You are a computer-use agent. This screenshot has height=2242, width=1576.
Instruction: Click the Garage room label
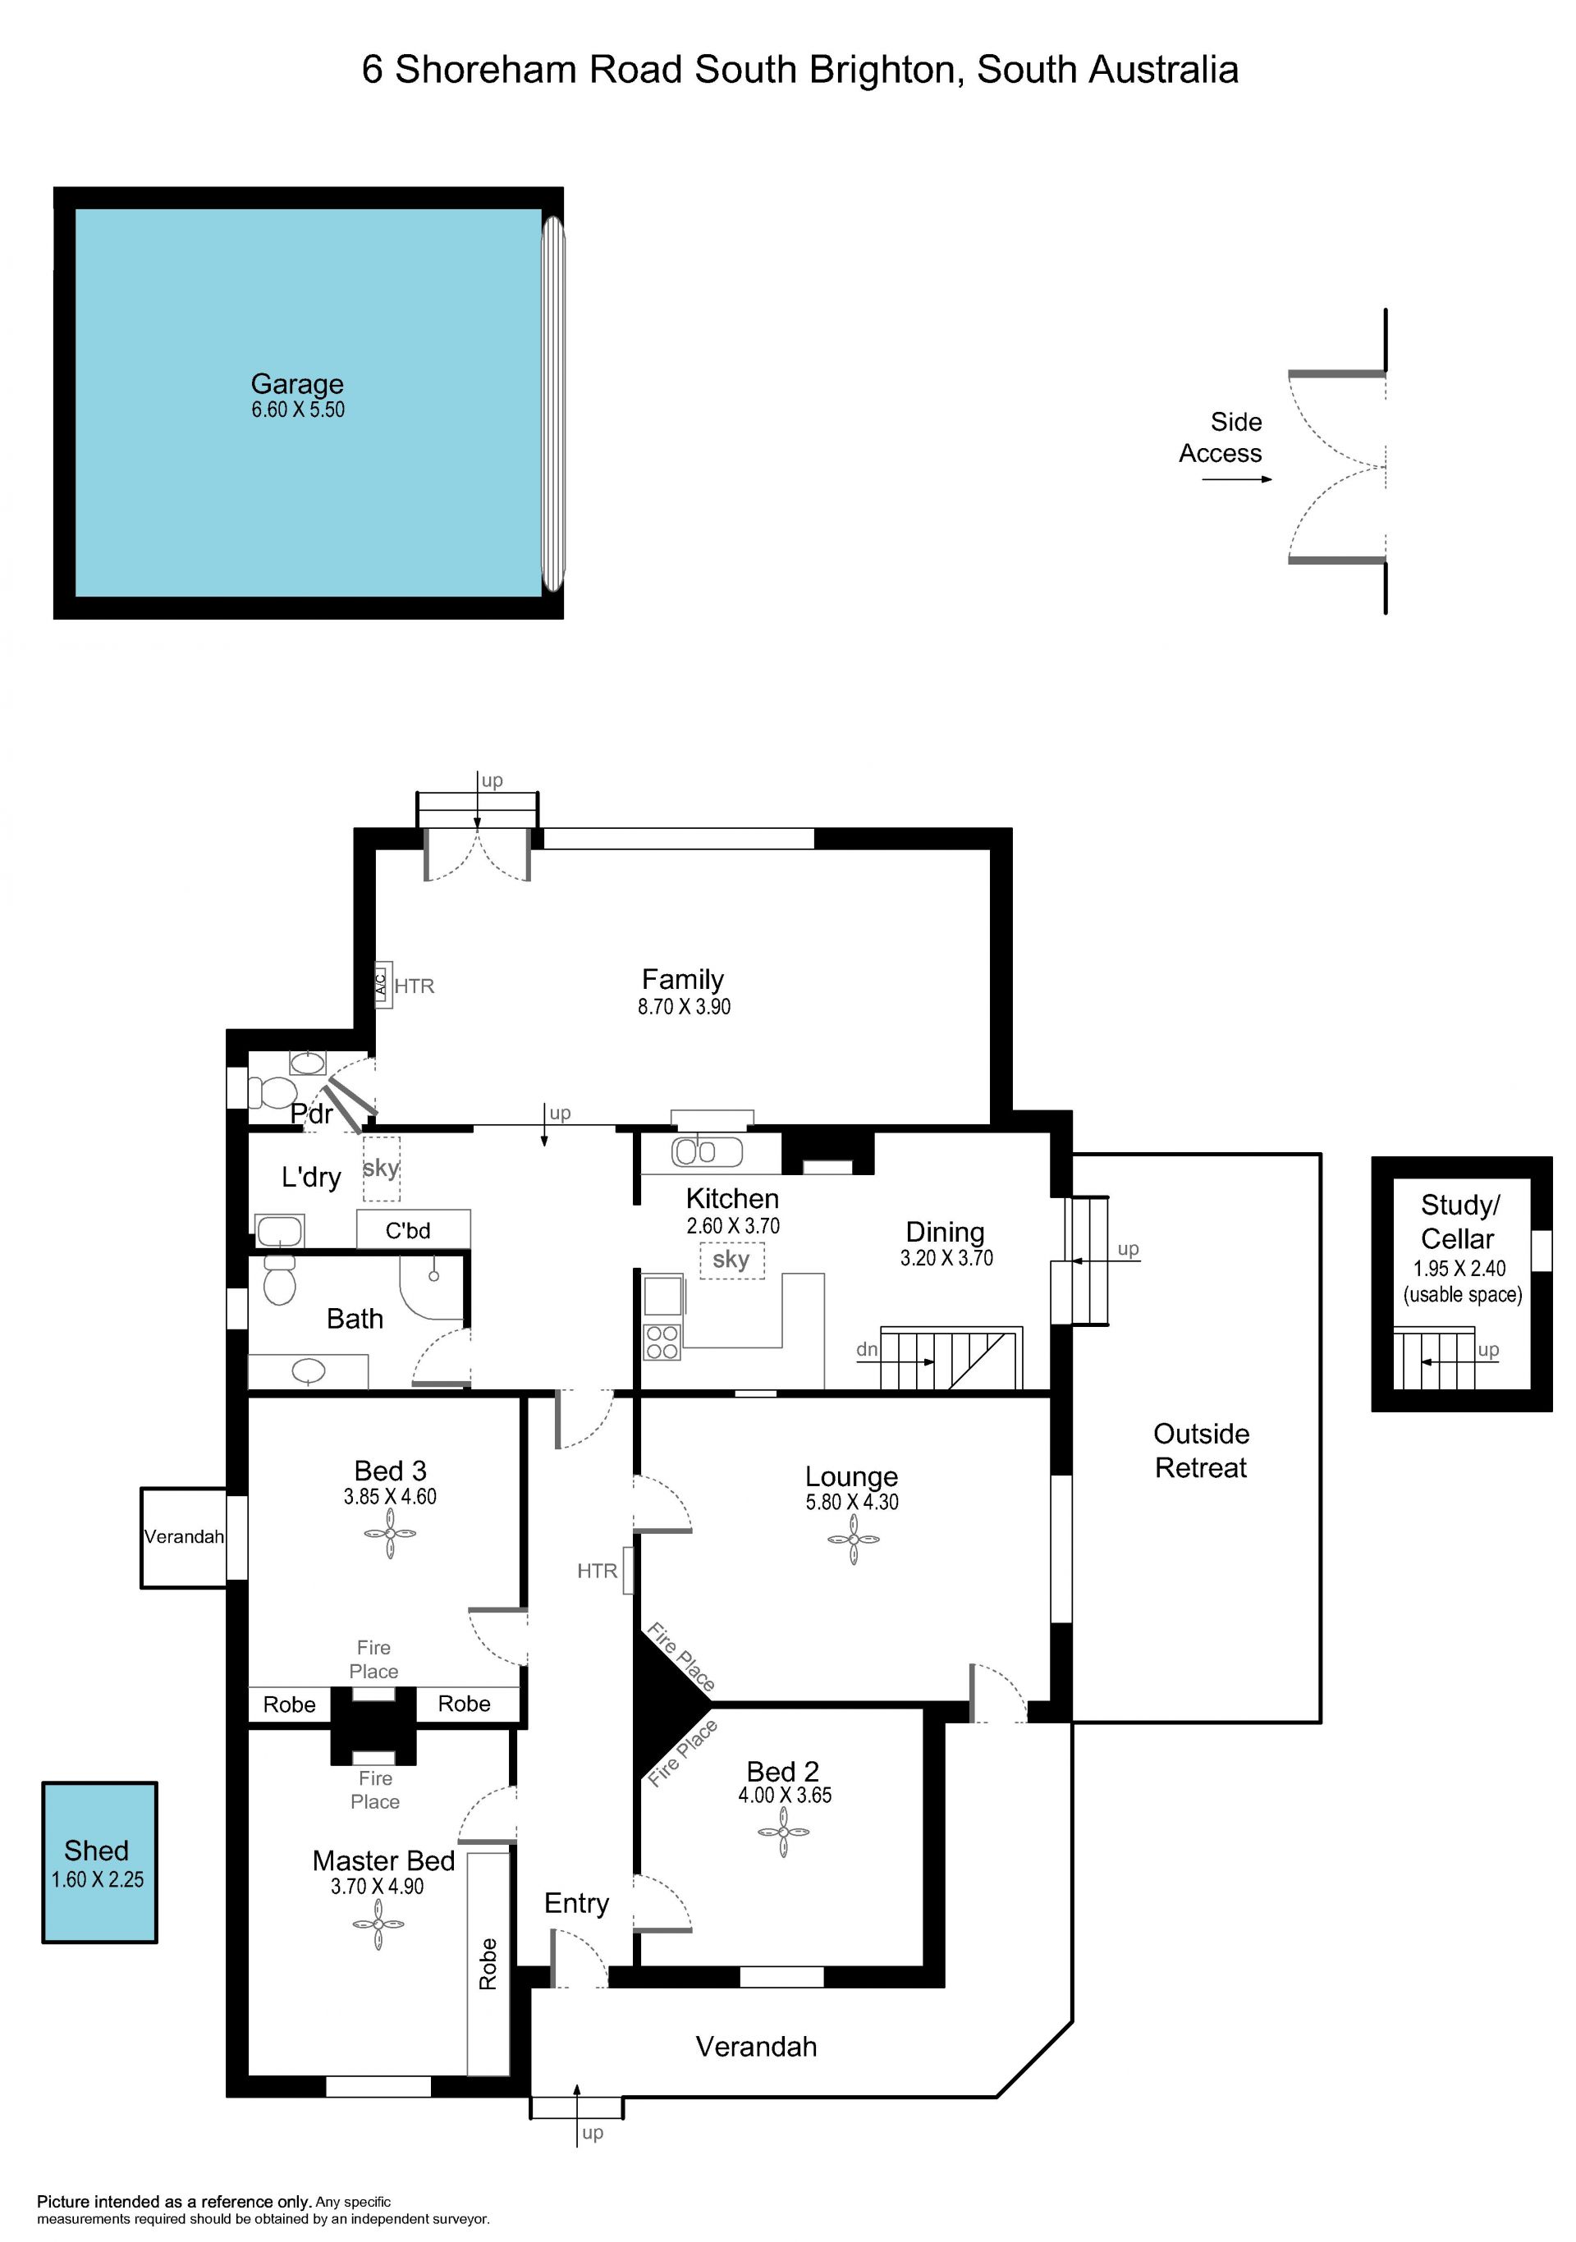click(297, 384)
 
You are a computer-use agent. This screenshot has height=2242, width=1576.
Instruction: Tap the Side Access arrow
click(1237, 479)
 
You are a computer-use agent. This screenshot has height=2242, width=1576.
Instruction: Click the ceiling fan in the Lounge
click(853, 1540)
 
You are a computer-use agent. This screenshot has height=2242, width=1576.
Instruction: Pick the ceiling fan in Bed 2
click(783, 1831)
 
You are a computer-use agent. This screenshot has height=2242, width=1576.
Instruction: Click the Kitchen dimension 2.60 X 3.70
click(732, 1225)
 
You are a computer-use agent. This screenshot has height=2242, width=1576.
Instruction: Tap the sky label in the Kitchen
click(731, 1260)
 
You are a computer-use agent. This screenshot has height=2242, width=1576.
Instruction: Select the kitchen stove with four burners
click(662, 1342)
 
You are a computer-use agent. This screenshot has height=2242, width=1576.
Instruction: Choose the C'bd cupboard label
click(407, 1230)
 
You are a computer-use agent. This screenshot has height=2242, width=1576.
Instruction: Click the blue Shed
click(99, 1862)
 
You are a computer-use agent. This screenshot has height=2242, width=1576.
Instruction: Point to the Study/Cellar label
click(1458, 1222)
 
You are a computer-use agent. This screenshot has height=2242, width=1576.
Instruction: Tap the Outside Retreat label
click(1201, 1450)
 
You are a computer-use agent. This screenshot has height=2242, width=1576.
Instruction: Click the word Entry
click(576, 1903)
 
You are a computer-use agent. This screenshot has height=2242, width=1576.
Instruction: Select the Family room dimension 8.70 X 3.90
click(684, 1007)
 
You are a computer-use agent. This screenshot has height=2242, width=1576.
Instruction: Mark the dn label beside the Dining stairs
click(866, 1349)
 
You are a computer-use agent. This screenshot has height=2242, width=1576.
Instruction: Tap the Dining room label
click(946, 1233)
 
